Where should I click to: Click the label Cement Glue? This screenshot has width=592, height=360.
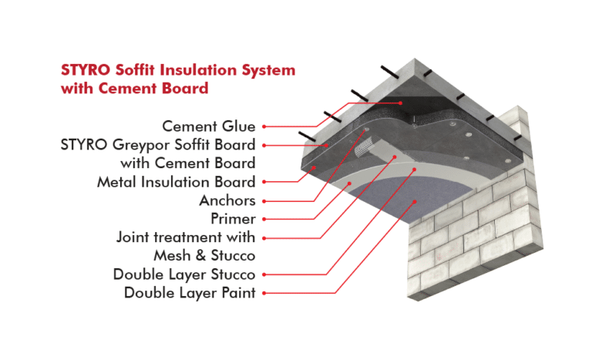(x=209, y=126)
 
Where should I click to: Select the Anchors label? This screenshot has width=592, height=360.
(x=227, y=200)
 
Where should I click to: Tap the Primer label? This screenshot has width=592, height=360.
(x=232, y=219)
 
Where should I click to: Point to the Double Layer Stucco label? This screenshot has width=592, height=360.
(x=184, y=274)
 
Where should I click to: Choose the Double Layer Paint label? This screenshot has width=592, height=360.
(x=190, y=293)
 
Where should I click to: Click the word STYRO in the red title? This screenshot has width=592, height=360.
(x=82, y=69)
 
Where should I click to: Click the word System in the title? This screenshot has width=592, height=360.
(x=268, y=69)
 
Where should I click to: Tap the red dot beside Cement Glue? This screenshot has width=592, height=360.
(x=264, y=126)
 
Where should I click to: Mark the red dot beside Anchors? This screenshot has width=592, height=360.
(x=264, y=200)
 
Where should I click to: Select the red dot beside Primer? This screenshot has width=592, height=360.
(x=264, y=219)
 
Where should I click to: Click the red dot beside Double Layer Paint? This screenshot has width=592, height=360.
(x=264, y=293)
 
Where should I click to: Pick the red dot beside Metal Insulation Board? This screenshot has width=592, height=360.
(x=264, y=183)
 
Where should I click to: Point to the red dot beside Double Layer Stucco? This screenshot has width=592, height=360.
(x=264, y=274)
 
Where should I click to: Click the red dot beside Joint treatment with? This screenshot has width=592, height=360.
(x=264, y=237)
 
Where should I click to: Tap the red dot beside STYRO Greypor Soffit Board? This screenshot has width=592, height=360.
(x=264, y=144)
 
